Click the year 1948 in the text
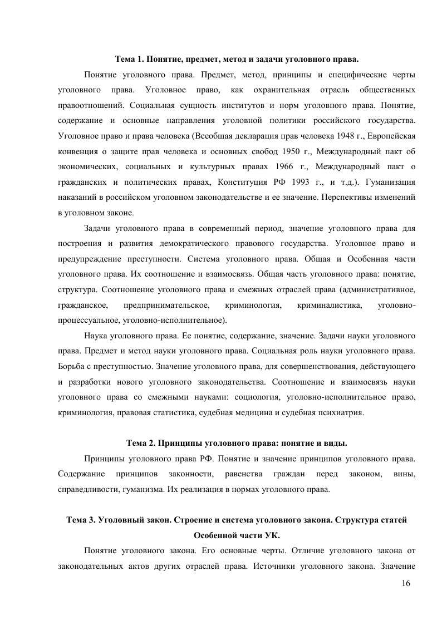coord(314,136)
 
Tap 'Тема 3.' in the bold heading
coord(81,520)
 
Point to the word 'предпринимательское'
coord(166,305)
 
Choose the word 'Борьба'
coord(71,367)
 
